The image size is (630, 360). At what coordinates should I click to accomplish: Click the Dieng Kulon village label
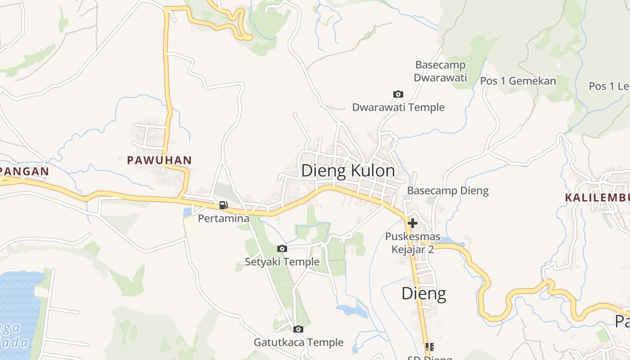click(x=348, y=171)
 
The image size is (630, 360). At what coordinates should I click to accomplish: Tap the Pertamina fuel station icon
click(x=223, y=206)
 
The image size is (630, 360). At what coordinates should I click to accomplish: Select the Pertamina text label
click(x=224, y=219)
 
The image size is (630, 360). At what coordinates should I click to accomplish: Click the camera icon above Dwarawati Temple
click(x=398, y=94)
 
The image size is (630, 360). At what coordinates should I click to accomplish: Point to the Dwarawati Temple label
click(x=398, y=107)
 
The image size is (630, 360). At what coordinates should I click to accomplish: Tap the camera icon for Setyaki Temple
click(x=282, y=248)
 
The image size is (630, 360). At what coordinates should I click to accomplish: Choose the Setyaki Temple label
click(x=282, y=262)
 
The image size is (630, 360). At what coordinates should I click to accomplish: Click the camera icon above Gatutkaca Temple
click(x=298, y=329)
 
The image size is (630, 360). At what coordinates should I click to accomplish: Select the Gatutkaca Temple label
click(x=298, y=342)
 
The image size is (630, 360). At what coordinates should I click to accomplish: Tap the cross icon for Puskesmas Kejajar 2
click(x=412, y=223)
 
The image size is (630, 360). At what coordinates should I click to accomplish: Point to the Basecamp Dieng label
click(x=448, y=190)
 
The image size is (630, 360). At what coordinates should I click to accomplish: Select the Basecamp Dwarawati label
click(x=440, y=71)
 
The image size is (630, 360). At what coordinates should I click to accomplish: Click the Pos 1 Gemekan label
click(x=518, y=81)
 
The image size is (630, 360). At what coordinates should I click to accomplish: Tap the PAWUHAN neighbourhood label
click(x=159, y=160)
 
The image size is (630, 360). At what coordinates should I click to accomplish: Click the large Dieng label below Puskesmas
click(x=423, y=293)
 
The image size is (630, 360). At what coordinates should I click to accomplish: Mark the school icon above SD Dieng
click(x=429, y=346)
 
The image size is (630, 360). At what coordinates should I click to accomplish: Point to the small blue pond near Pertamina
click(x=187, y=211)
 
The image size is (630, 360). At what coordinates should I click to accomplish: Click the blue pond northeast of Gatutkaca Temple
click(x=351, y=310)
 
